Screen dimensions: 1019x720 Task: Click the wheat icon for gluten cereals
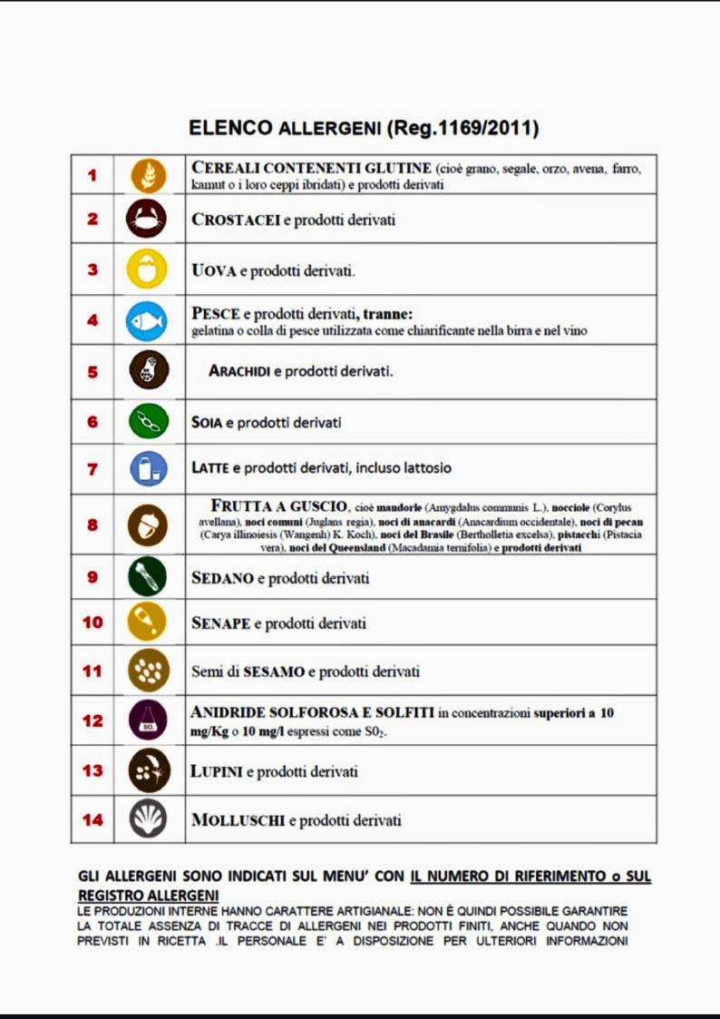pyautogui.click(x=149, y=175)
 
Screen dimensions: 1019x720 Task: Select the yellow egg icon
pyautogui.click(x=149, y=269)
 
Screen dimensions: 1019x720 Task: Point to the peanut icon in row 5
pyautogui.click(x=149, y=371)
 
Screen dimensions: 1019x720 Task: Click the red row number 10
pyautogui.click(x=92, y=622)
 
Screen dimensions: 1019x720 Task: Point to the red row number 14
pyautogui.click(x=92, y=820)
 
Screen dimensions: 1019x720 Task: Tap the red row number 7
pyautogui.click(x=92, y=469)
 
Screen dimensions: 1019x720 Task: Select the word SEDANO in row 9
pyautogui.click(x=222, y=578)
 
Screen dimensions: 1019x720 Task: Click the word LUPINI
pyautogui.click(x=217, y=771)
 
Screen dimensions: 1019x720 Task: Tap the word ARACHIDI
pyautogui.click(x=240, y=371)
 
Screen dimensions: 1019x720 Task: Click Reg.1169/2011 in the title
pyautogui.click(x=462, y=128)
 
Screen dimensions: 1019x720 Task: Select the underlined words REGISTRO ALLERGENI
pyautogui.click(x=141, y=896)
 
